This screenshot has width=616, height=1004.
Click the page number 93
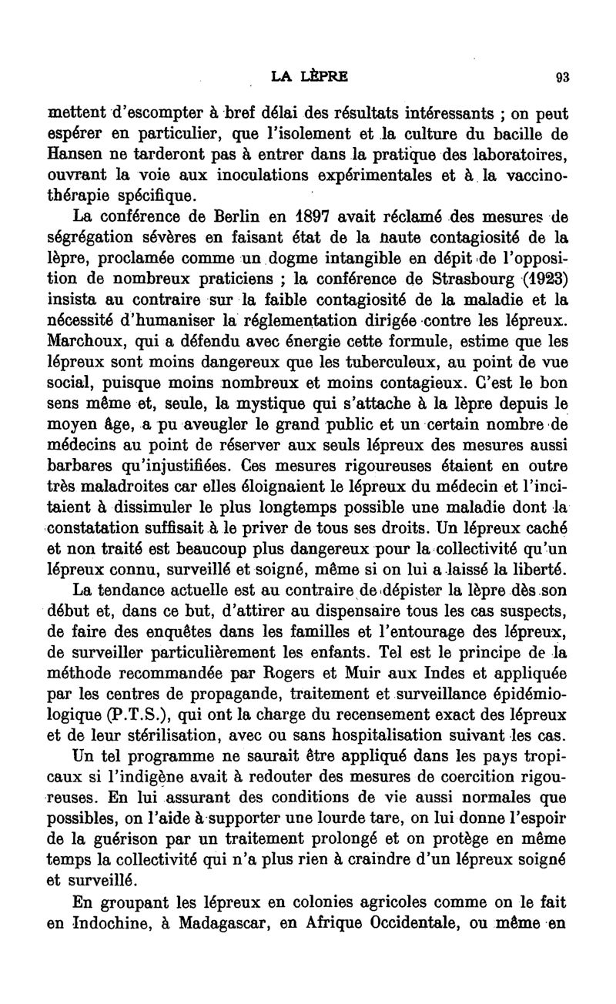(x=561, y=76)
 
